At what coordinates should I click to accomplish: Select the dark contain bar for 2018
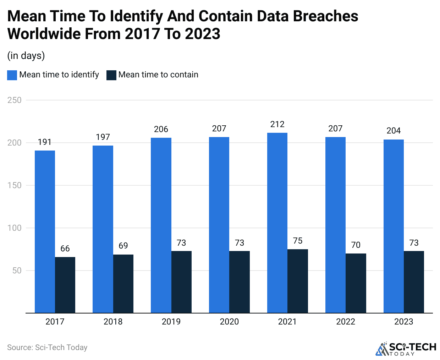123,284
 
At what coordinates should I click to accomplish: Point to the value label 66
65,249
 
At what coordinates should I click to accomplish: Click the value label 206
161,129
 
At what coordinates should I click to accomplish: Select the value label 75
298,241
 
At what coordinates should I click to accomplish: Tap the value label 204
394,131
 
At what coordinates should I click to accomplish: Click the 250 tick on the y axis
15,100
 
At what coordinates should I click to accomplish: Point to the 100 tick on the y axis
15,228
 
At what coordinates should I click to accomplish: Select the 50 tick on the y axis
17,271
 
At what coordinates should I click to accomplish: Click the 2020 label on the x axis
229,322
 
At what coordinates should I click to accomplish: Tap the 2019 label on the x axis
171,322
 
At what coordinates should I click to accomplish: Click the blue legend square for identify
12,75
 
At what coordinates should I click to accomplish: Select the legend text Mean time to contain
158,75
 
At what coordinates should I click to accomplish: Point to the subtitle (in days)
26,56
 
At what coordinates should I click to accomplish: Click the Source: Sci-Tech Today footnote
47,348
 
